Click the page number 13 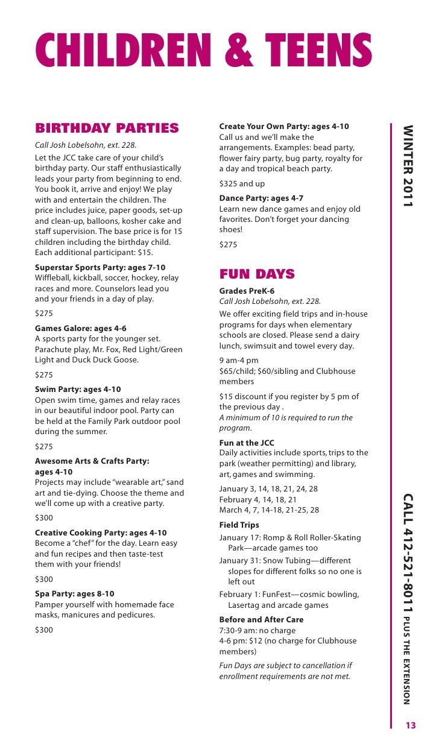pos(411,725)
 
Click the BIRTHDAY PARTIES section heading pos(107,128)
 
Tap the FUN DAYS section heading pos(257,274)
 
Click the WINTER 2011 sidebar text pos(408,166)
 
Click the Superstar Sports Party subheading pos(100,267)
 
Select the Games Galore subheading pos(81,329)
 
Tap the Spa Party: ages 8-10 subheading pos(75,594)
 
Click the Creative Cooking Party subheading pos(101,533)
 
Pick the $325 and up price pos(242,183)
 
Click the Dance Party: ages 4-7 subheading pos(261,198)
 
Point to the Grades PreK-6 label pos(247,291)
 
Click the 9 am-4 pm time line pos(239,361)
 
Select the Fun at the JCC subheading pos(247,443)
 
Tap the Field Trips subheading pos(239,525)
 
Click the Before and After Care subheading pos(261,619)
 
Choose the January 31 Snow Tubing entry pos(290,561)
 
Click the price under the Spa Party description pos(44,630)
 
